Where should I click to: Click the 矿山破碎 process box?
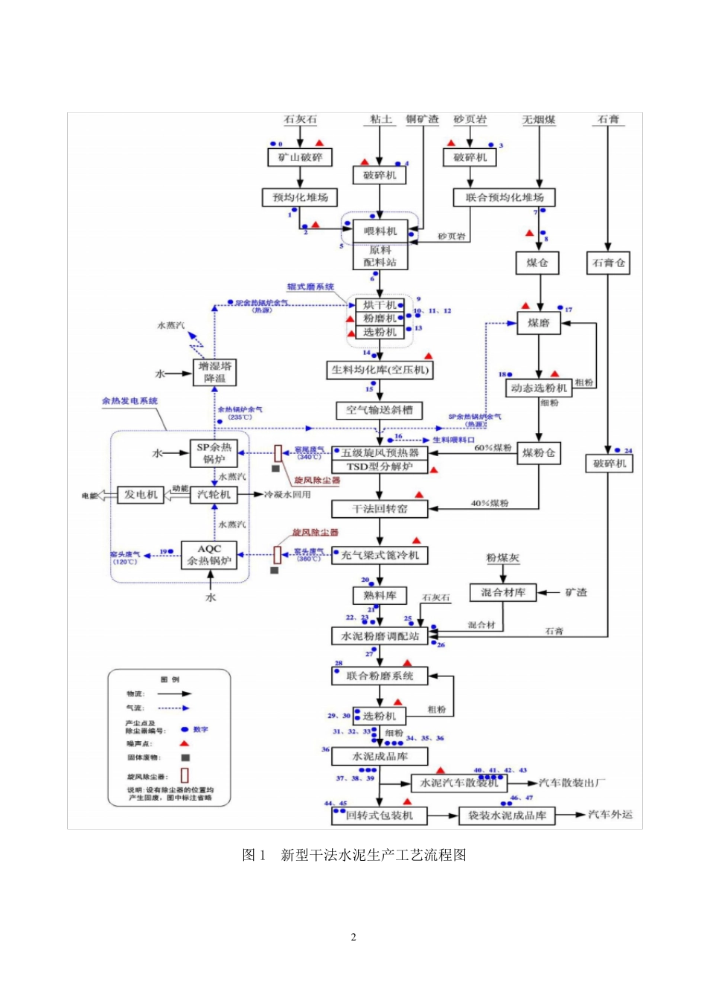[x=300, y=157]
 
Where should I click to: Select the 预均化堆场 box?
[x=300, y=197]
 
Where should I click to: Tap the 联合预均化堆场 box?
[x=505, y=197]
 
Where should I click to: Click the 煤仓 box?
[x=537, y=263]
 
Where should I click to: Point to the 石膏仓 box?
[x=609, y=263]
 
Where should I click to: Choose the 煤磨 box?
[x=539, y=323]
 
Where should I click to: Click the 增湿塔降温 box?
[x=214, y=372]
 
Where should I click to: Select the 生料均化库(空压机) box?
[x=380, y=370]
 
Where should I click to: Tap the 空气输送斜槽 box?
[x=380, y=410]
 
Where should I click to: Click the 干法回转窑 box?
[x=380, y=509]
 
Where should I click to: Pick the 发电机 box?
[x=141, y=495]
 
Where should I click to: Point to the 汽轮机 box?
[x=214, y=495]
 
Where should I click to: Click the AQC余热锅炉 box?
[x=209, y=555]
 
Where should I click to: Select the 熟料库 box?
[x=380, y=595]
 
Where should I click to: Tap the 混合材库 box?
[x=503, y=592]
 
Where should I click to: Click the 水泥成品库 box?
[x=380, y=756]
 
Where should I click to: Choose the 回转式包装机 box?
[x=380, y=815]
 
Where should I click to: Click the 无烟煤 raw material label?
[x=539, y=119]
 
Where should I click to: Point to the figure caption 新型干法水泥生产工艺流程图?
[x=354, y=855]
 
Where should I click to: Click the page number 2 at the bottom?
[x=353, y=937]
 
